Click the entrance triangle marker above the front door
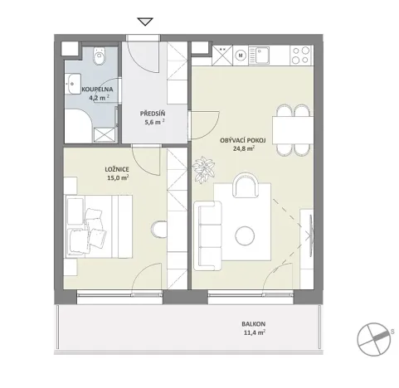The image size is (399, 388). pos(147,22)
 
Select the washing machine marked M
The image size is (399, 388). pos(241,56)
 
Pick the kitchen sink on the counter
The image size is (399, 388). pos(265,56)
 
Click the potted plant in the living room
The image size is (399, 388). pos(202,170)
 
